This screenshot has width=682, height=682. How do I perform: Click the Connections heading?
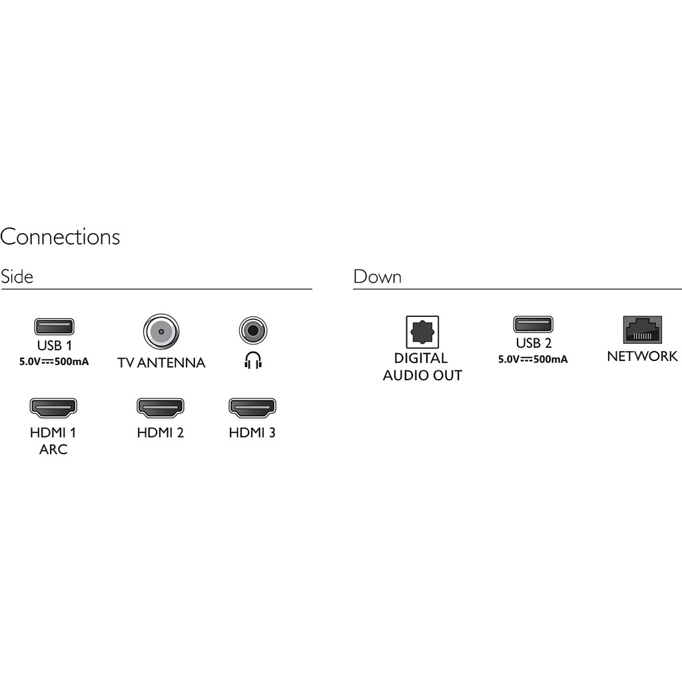click(x=60, y=237)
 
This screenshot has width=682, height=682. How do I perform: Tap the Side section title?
click(x=17, y=276)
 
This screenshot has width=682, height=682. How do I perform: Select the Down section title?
click(x=377, y=276)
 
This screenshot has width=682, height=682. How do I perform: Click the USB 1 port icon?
click(x=54, y=326)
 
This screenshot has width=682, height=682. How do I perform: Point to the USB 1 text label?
click(x=54, y=346)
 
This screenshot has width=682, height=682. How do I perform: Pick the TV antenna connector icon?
click(x=161, y=330)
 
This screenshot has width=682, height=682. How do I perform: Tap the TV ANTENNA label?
click(x=161, y=363)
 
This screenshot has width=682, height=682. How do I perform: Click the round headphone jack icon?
click(x=253, y=329)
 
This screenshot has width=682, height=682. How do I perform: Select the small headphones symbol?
click(x=253, y=360)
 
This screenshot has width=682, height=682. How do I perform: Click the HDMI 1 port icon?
click(x=53, y=407)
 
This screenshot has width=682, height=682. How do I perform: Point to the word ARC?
click(x=53, y=450)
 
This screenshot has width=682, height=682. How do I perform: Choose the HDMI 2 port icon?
click(x=161, y=407)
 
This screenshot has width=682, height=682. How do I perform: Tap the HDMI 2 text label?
click(x=161, y=433)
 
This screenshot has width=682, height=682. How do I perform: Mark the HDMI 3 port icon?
click(x=252, y=407)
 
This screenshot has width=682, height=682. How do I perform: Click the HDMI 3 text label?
click(x=252, y=433)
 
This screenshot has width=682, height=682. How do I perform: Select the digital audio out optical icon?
click(x=422, y=332)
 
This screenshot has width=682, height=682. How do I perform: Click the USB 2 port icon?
click(x=533, y=324)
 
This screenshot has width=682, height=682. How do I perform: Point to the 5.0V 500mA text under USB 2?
click(x=533, y=360)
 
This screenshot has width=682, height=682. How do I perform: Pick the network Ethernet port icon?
click(x=642, y=330)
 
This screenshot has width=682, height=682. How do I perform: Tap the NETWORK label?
click(x=642, y=356)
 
